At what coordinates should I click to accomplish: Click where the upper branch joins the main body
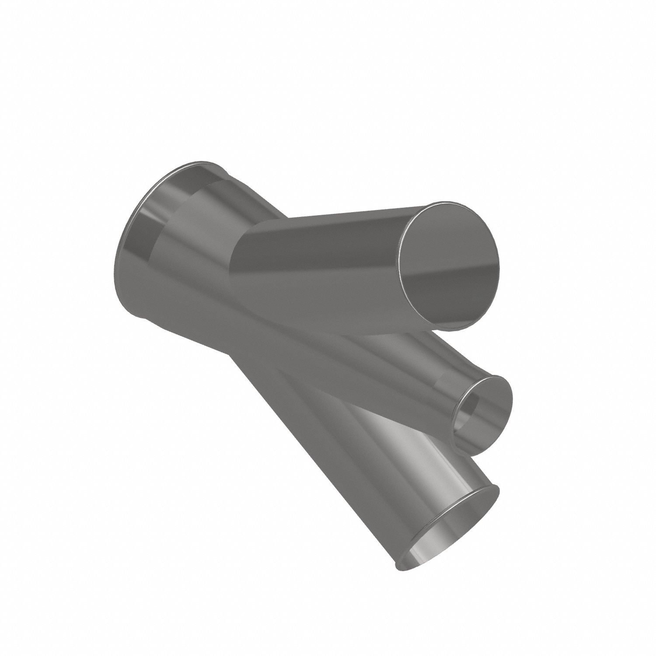(245, 245)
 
